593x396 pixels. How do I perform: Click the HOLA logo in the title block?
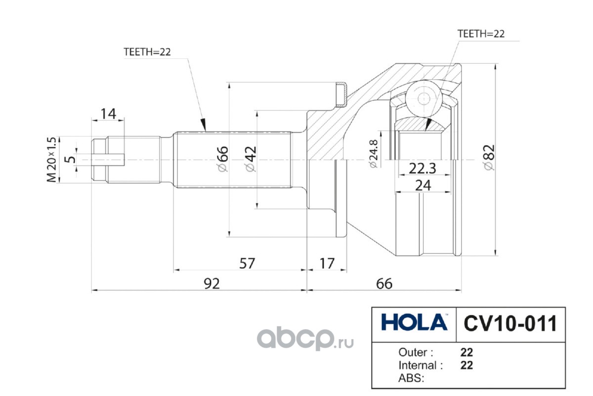click(x=414, y=322)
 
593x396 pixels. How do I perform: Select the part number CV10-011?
click(x=510, y=324)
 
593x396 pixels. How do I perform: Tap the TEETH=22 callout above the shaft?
click(x=147, y=52)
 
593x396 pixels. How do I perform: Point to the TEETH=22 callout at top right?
click(x=481, y=34)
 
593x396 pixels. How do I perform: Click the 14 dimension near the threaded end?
click(x=108, y=114)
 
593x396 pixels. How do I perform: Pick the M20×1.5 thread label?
click(x=51, y=160)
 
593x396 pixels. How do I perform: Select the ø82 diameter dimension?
click(x=489, y=157)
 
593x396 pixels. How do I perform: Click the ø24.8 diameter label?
click(x=373, y=154)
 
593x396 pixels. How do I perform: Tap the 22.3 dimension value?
click(x=422, y=168)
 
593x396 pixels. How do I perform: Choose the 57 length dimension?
click(x=247, y=263)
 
